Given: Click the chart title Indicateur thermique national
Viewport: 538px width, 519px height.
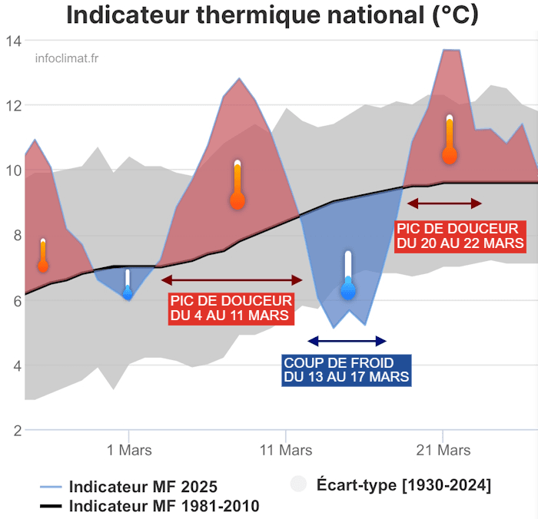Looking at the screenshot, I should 272,15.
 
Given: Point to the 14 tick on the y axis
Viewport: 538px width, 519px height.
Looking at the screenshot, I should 14,40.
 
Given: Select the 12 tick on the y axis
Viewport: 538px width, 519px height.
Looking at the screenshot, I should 14,105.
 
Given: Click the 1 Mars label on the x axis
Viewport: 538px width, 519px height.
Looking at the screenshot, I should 128,450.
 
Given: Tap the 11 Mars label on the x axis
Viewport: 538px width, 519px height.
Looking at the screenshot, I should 286,450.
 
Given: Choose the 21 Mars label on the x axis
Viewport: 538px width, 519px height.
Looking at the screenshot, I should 443,450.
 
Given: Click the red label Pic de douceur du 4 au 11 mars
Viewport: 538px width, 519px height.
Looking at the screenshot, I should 231,308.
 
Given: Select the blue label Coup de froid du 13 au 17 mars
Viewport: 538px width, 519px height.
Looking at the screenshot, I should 347,370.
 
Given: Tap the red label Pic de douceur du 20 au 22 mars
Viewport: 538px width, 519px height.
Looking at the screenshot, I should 460,236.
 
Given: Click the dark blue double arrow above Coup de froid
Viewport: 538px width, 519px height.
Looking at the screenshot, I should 347,341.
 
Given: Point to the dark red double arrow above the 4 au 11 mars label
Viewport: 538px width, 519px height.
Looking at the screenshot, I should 232,280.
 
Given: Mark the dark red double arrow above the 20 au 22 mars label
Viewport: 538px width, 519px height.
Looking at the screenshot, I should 444,203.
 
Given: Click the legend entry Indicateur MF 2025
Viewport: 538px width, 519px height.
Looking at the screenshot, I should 143,487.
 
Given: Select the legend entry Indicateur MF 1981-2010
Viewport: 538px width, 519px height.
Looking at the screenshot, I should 164,506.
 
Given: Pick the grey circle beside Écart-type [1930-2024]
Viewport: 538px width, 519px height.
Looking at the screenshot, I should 298,484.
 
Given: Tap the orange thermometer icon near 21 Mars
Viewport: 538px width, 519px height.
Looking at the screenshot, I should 450,140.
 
